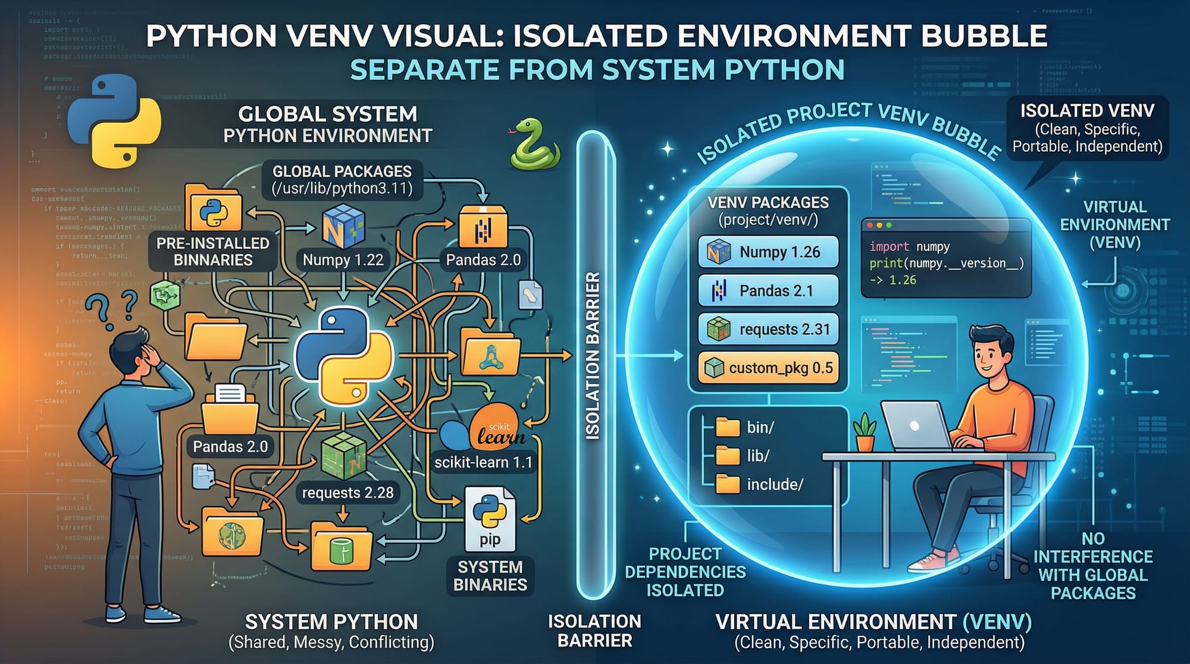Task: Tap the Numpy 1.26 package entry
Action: (x=768, y=252)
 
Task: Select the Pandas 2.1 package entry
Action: (x=768, y=290)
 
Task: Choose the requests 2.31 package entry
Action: (x=768, y=329)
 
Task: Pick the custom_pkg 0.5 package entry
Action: (x=768, y=368)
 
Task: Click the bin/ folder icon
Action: (x=727, y=427)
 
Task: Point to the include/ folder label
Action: (x=775, y=484)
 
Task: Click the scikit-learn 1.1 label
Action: (x=483, y=462)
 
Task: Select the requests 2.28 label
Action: (x=347, y=493)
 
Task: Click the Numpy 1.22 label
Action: (x=343, y=260)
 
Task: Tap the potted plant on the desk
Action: (x=865, y=433)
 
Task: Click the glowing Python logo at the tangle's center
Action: (x=344, y=356)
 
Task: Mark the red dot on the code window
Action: (x=870, y=225)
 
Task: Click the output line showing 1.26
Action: (x=894, y=280)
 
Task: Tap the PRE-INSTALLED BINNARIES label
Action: (x=213, y=252)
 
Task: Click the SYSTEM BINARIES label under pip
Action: (x=490, y=576)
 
